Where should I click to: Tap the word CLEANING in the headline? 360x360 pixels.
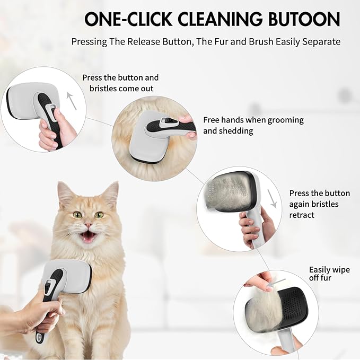(219, 19)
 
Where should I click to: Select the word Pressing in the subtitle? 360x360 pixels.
(89, 42)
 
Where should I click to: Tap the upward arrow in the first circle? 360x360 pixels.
(72, 101)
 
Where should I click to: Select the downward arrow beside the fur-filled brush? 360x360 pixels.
(272, 199)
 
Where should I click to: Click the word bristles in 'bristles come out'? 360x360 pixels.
(103, 89)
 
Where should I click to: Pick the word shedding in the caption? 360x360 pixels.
(236, 131)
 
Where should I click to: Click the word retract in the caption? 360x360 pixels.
(302, 215)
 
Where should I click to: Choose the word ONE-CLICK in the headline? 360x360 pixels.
(128, 19)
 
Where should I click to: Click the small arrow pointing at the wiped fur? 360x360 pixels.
(276, 283)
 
